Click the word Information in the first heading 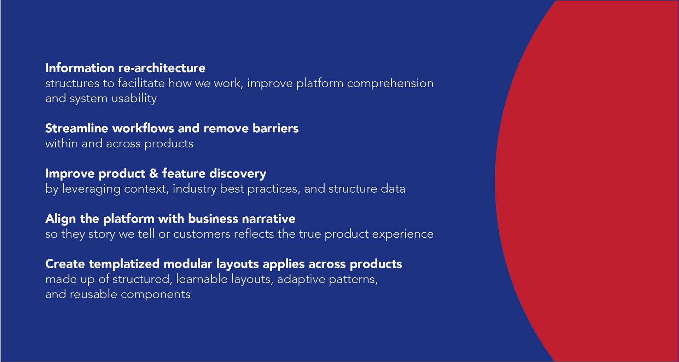80,68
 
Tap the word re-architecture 162,68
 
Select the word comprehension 390,83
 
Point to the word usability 134,98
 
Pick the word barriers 275,128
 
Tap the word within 62,144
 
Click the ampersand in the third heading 154,174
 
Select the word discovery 238,174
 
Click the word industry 195,189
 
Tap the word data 393,189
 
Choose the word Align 60,219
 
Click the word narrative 268,219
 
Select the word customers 202,234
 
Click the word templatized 124,264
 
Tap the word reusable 93,294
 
